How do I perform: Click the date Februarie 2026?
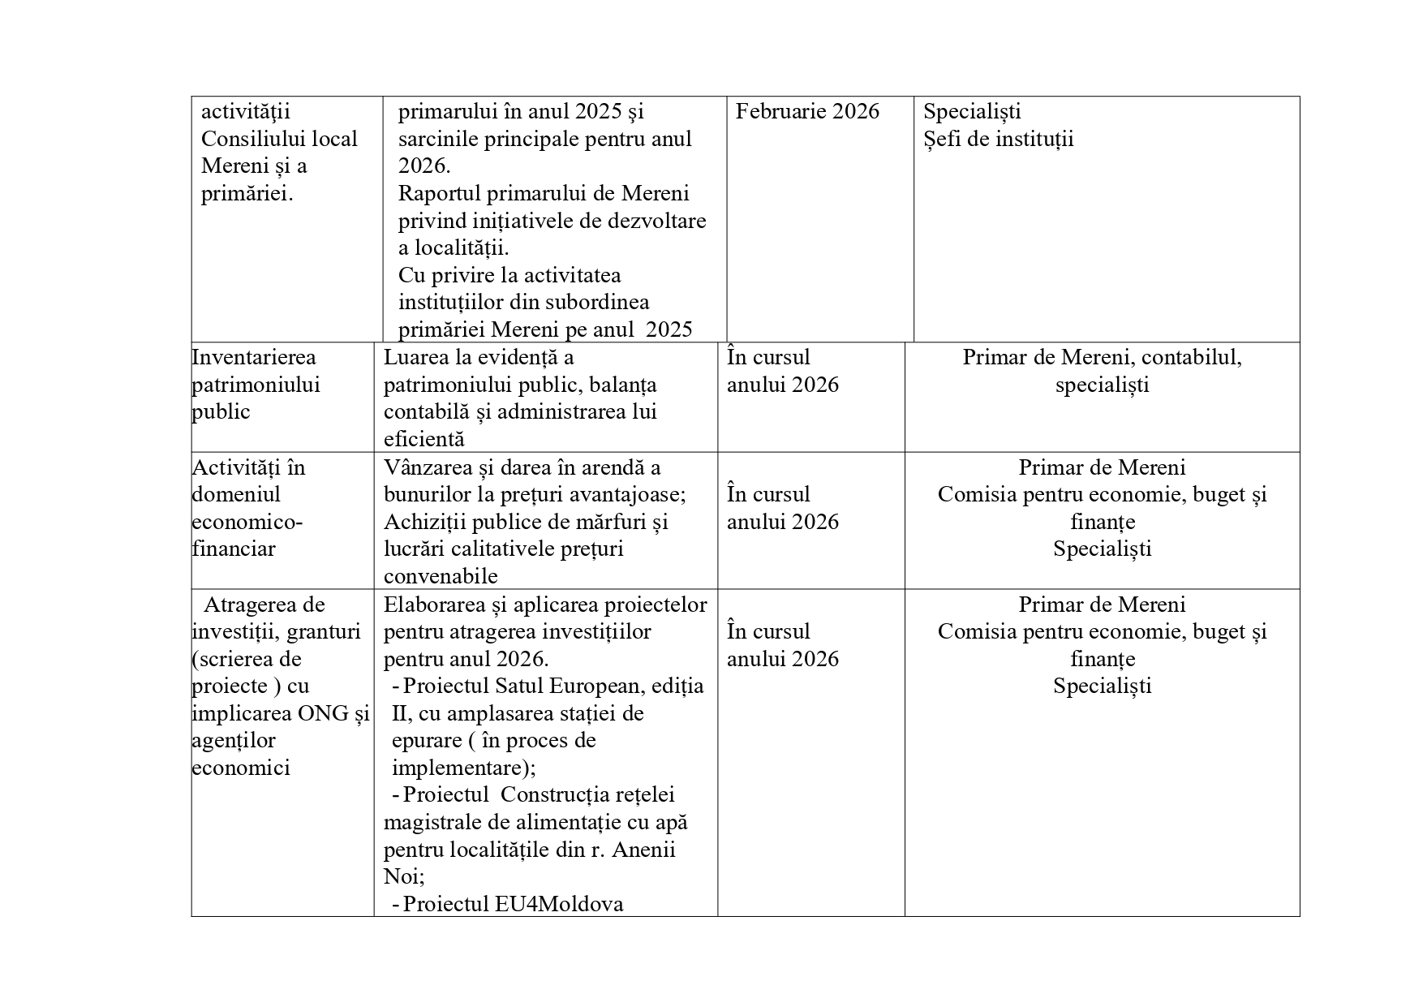pyautogui.click(x=806, y=111)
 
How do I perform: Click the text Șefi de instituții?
pyautogui.click(x=998, y=139)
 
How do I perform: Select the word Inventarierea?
pyautogui.click(x=254, y=357)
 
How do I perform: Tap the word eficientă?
pyautogui.click(x=423, y=439)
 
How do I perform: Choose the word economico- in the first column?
pyautogui.click(x=247, y=522)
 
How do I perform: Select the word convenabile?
pyautogui.click(x=441, y=576)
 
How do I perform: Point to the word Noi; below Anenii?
pyautogui.click(x=404, y=877)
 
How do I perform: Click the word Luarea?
pyautogui.click(x=413, y=357)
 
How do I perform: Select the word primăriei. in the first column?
pyautogui.click(x=247, y=194)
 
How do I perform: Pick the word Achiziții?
pyautogui.click(x=427, y=522)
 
